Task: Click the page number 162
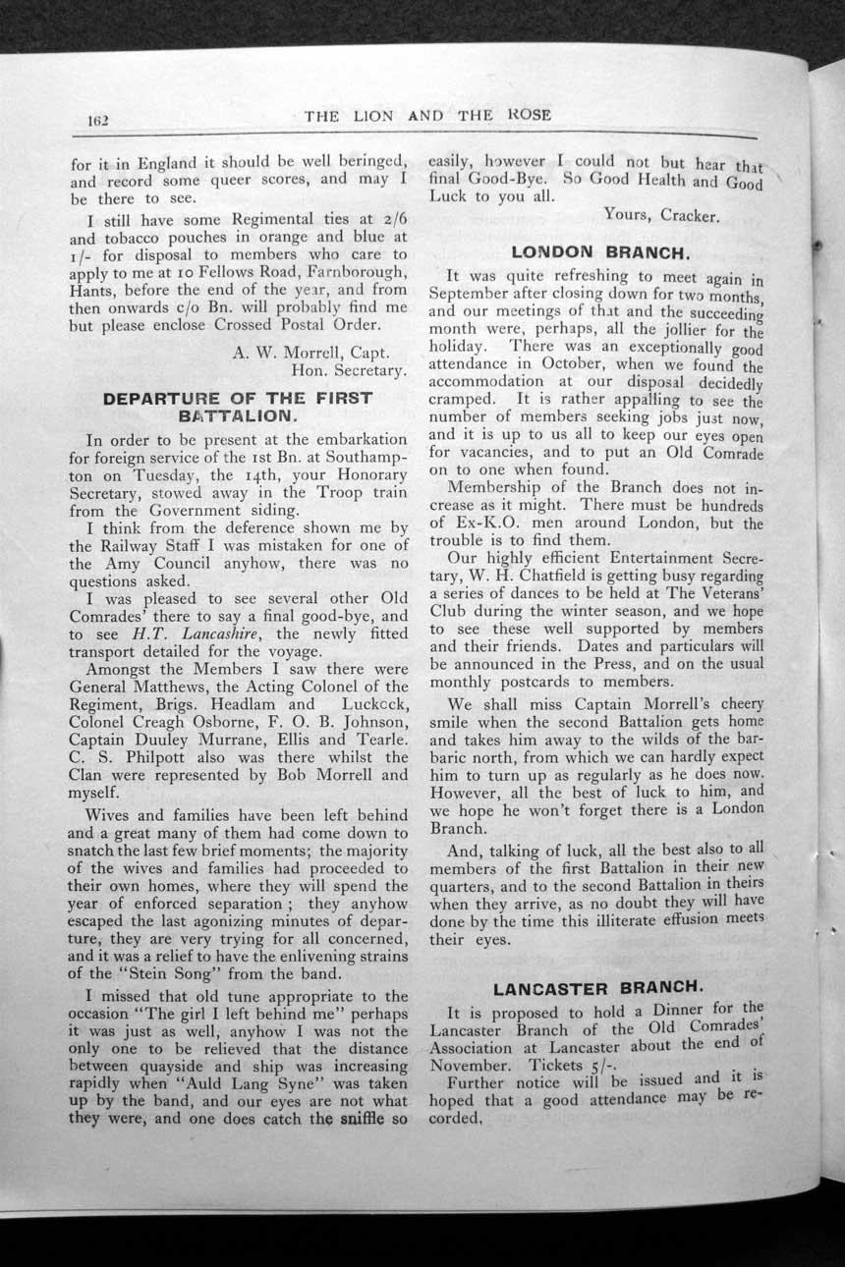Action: pos(97,122)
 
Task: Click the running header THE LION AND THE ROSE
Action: pos(427,115)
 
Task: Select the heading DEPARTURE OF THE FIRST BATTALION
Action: pos(238,407)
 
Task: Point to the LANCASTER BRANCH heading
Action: pos(597,986)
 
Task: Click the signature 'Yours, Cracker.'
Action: pos(661,215)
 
